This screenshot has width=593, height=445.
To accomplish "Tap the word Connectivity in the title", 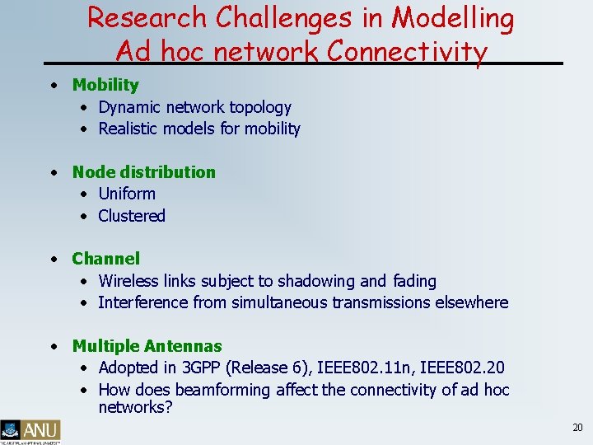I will pos(408,51).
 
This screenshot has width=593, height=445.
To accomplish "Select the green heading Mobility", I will pos(105,85).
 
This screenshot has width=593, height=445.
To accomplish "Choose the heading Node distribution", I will pos(143,172).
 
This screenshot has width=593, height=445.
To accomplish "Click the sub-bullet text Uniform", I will pos(127,194).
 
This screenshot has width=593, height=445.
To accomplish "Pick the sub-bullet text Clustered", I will pos(132,216).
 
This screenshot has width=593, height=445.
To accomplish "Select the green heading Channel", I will pos(106,259).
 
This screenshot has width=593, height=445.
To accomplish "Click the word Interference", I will pos(141,302).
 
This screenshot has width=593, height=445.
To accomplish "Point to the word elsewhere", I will pos(472,302).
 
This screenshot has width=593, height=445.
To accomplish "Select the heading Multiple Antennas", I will pos(147,346).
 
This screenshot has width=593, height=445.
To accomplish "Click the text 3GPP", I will pos(198,368).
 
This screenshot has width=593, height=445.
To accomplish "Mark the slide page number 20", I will pos(577,428).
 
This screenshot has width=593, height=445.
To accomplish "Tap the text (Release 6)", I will pos(264,368).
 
